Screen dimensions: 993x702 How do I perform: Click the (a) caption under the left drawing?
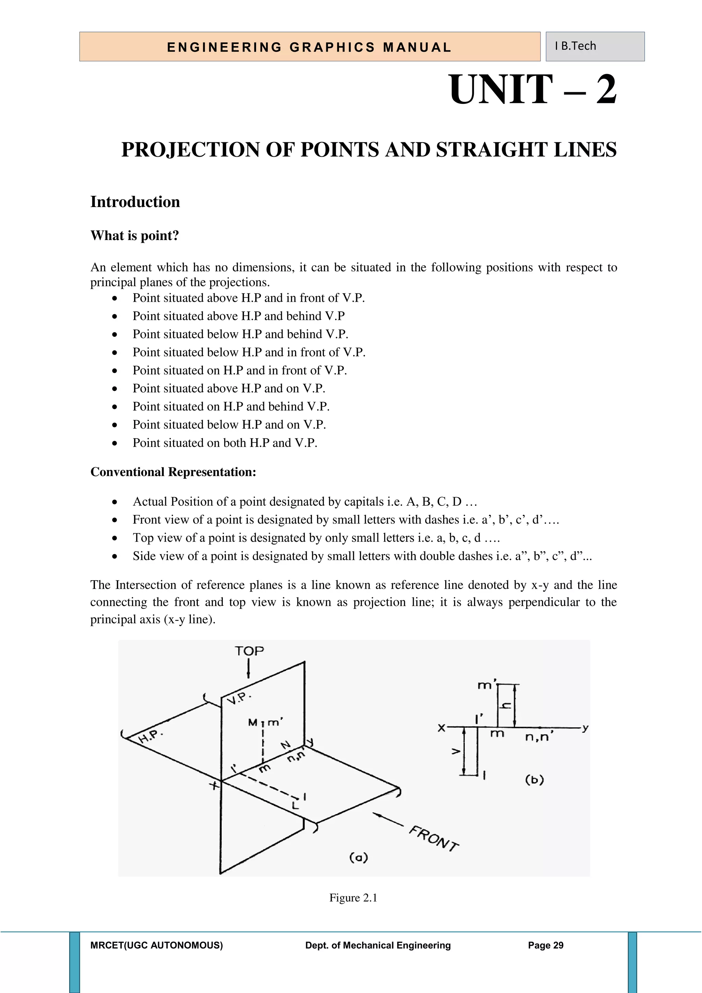tap(358, 857)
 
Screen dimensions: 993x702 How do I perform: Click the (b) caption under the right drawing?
tap(534, 780)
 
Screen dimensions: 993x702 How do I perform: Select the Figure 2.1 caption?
tap(353, 898)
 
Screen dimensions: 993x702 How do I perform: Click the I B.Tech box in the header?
tap(595, 46)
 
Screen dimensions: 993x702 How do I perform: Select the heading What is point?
tap(134, 236)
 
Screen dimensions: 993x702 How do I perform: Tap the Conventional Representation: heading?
tap(173, 472)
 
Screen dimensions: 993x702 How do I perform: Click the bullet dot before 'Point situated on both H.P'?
tap(114, 443)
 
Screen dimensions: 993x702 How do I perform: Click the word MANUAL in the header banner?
tap(417, 47)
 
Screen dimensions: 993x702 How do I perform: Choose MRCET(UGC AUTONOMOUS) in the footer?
tap(157, 945)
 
